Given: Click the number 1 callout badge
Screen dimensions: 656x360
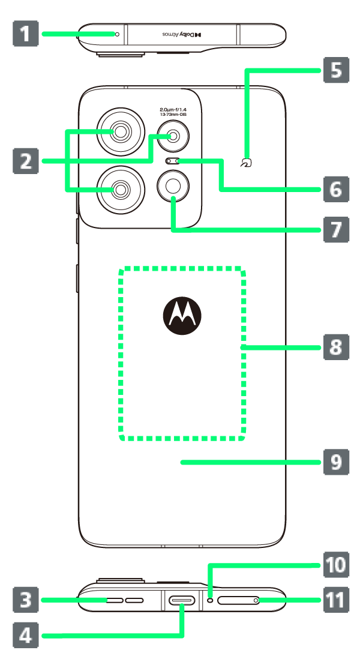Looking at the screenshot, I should pyautogui.click(x=25, y=34).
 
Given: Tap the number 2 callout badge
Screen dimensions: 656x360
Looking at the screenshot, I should pyautogui.click(x=25, y=161).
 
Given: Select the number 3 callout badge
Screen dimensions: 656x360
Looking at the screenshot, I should pyautogui.click(x=25, y=600).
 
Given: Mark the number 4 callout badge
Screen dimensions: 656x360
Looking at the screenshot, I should pyautogui.click(x=25, y=634).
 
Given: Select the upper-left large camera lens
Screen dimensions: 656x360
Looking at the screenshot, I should pyautogui.click(x=121, y=131).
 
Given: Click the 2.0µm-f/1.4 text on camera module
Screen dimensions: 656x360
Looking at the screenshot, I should pyautogui.click(x=173, y=110).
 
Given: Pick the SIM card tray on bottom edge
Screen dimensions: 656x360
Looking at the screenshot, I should pyautogui.click(x=238, y=600).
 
